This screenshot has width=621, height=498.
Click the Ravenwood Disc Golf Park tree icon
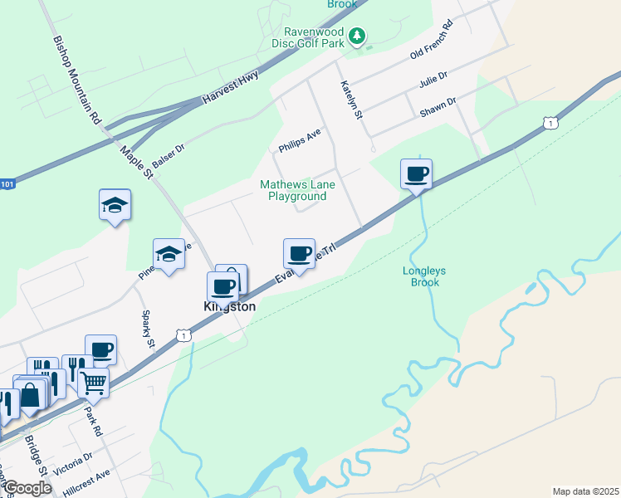tap(357, 35)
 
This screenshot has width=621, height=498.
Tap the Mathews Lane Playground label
tap(296, 190)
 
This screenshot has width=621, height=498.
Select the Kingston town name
tap(230, 306)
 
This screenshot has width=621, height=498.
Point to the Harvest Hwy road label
tap(230, 88)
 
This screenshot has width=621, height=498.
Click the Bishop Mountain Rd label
tap(76, 80)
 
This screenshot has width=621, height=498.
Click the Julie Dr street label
tap(433, 81)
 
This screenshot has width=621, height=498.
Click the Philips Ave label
tap(300, 141)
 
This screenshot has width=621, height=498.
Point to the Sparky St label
tap(148, 330)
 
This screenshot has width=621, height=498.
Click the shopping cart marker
tap(94, 383)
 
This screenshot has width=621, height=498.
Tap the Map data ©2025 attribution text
tap(585, 491)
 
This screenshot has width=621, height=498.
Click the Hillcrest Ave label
tap(86, 481)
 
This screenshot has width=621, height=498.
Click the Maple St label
tap(137, 162)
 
